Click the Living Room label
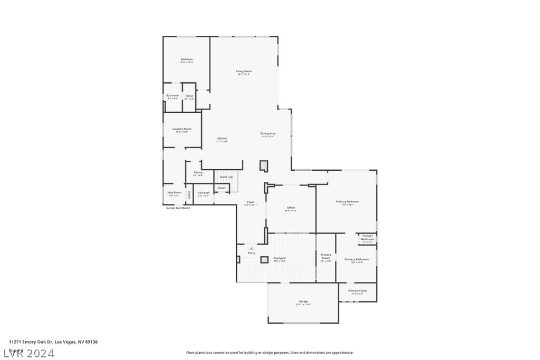[x=244, y=71]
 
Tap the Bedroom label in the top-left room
[x=187, y=60]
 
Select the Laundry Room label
[x=182, y=129]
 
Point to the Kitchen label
[x=222, y=139]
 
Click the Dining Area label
[x=268, y=134]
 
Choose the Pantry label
[x=198, y=172]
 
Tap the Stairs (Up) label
[x=227, y=177]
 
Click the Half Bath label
[x=204, y=193]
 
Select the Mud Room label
[x=175, y=193]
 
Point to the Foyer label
[x=251, y=202]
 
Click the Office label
[x=291, y=208]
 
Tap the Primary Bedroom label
[x=348, y=202]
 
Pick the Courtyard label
[x=279, y=258]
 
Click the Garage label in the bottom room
[x=303, y=301]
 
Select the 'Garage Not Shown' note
[x=178, y=208]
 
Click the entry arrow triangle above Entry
[x=252, y=248]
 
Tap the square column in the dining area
[x=264, y=166]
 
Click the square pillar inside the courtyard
[x=264, y=259]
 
